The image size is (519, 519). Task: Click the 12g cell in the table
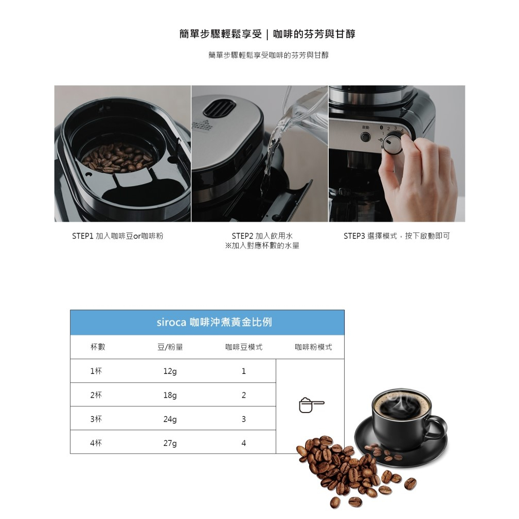170,371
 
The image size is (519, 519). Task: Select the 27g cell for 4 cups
170,443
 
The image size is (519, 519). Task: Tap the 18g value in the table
170,395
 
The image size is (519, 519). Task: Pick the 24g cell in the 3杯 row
170,419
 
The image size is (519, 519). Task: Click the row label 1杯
96,371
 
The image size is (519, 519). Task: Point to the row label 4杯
96,443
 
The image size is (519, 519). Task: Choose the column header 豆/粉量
170,347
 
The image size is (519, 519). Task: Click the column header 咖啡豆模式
244,347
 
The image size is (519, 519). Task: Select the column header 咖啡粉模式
313,347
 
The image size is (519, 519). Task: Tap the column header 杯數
98,347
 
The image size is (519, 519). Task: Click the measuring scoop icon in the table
311,406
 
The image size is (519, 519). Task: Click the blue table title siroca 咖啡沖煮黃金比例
214,323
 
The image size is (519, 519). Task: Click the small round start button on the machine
365,137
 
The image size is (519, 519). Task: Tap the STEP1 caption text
117,236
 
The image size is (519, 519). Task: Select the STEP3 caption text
397,236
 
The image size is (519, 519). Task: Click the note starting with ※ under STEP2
262,246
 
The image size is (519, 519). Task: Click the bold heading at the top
267,34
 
